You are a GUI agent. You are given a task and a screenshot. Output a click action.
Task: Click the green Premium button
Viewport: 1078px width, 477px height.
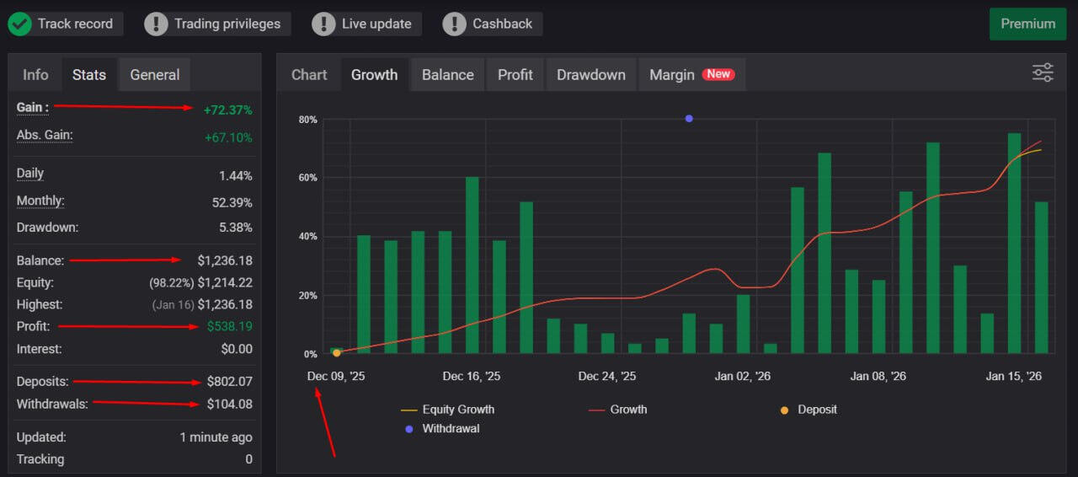pos(1027,24)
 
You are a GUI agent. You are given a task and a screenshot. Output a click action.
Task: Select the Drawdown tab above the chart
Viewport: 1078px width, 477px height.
pos(591,74)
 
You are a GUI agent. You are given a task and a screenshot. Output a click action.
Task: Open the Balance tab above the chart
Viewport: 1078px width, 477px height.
pos(447,74)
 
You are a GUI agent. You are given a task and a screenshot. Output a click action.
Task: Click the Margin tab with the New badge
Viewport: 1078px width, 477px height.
pos(691,74)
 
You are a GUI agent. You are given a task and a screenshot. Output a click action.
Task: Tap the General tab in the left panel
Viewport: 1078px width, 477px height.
pos(155,74)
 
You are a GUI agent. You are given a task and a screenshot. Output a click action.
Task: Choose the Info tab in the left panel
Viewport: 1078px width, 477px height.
pos(35,74)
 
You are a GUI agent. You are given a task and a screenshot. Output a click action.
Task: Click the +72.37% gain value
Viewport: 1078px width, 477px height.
pos(227,110)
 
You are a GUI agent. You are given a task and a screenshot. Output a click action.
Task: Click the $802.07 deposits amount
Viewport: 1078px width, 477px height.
pos(229,382)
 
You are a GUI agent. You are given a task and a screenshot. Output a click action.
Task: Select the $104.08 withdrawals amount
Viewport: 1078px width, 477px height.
pos(229,405)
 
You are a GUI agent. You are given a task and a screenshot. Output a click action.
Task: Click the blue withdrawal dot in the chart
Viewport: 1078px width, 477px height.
pos(689,119)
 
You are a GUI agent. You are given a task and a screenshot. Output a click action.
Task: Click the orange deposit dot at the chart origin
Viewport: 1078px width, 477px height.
pos(337,353)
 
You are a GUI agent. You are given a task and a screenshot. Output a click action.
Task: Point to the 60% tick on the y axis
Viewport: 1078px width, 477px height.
pos(308,178)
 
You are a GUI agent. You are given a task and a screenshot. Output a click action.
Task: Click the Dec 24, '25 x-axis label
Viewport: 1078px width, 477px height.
pos(607,376)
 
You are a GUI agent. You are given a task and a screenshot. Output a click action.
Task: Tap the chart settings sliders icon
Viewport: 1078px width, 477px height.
pos(1043,72)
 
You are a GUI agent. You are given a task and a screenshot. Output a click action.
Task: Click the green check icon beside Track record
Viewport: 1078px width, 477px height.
pos(19,24)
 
